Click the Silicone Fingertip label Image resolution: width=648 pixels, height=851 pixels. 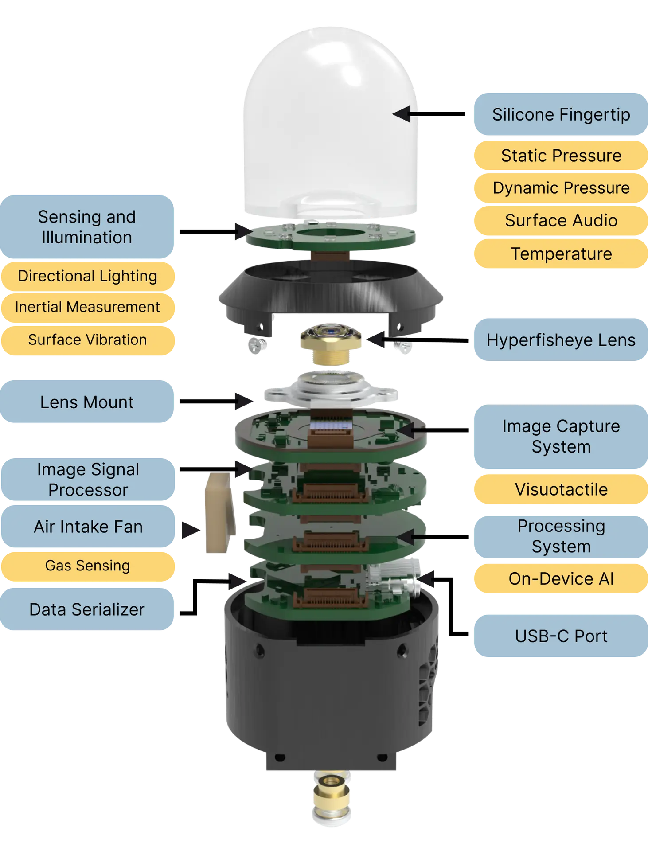561,114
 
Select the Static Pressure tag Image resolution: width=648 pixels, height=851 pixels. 561,156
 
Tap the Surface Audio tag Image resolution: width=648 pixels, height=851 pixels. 561,220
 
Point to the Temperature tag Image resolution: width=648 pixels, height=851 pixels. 561,254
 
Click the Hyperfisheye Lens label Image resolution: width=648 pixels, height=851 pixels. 561,340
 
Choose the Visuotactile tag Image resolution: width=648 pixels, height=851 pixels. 561,489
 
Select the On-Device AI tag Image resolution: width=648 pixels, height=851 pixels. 561,578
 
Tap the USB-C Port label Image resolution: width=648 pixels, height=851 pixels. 561,636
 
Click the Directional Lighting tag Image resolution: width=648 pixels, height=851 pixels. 87,276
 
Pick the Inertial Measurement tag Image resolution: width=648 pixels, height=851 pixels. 87,307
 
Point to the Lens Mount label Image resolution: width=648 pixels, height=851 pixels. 87,402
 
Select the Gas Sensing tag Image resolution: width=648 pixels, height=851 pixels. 87,566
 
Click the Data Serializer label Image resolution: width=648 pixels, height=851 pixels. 87,609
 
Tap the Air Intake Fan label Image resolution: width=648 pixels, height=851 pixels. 88,527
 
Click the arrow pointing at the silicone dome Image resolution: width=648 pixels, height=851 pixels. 407,114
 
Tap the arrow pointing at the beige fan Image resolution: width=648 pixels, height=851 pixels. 191,530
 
